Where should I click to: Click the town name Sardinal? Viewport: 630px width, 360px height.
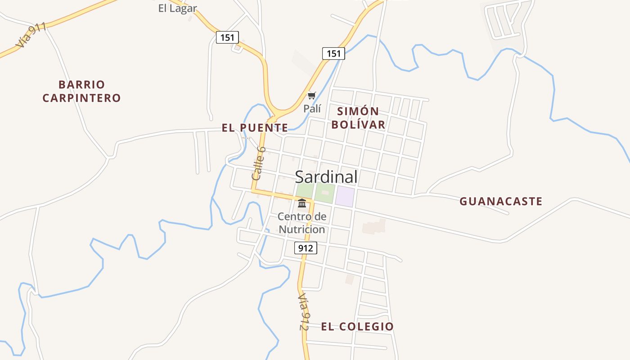click(x=326, y=177)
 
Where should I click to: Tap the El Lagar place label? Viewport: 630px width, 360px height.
click(x=177, y=8)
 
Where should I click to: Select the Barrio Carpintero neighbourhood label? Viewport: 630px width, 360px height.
click(x=81, y=91)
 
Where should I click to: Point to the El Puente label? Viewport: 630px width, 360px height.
click(x=255, y=128)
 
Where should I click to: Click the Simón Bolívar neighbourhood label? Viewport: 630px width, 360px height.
click(x=358, y=118)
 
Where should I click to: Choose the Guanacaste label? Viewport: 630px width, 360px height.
click(x=500, y=201)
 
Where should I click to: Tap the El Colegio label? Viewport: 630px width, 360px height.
click(x=357, y=327)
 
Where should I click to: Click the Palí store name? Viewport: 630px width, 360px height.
click(x=312, y=108)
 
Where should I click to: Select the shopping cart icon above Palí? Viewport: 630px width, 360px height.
click(x=311, y=95)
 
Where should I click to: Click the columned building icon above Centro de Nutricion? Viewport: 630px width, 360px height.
click(x=302, y=203)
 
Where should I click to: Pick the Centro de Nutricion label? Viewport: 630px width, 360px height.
click(x=301, y=223)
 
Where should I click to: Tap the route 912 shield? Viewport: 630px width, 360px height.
click(x=306, y=247)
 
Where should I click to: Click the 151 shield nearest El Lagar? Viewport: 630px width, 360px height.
click(x=227, y=37)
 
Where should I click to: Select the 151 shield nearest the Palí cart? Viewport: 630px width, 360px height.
click(x=333, y=54)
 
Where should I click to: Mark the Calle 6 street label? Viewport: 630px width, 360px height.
click(x=259, y=163)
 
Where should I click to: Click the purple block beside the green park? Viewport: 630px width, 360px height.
click(x=345, y=197)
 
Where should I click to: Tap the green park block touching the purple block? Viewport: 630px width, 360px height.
click(x=325, y=193)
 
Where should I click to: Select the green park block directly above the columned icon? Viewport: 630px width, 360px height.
click(x=305, y=191)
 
